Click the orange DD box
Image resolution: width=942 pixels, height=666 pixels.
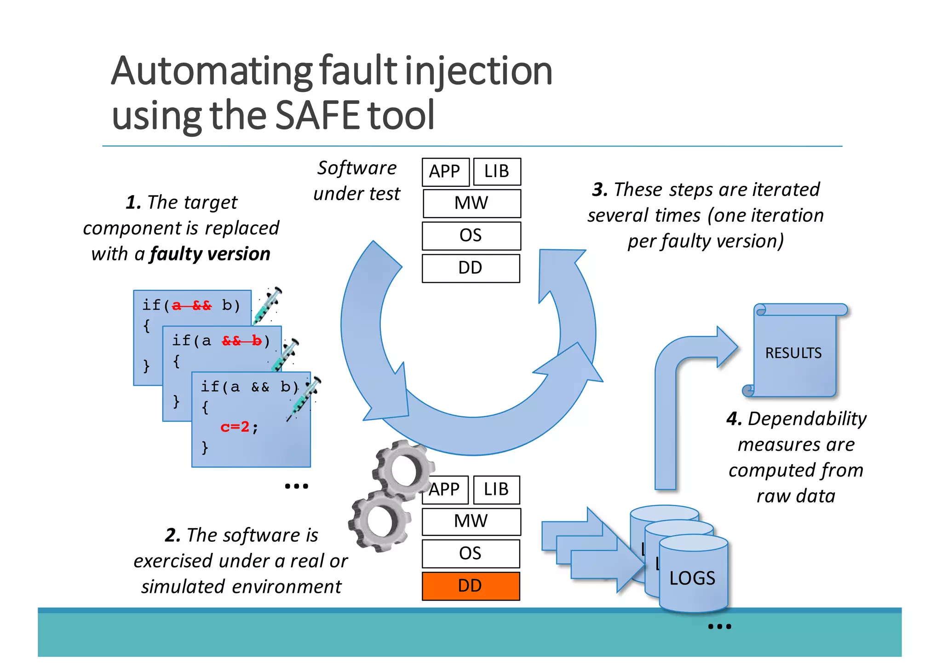pyautogui.click(x=471, y=586)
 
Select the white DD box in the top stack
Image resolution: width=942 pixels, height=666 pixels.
pyautogui.click(x=471, y=268)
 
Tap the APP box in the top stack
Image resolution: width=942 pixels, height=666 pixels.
pyautogui.click(x=445, y=172)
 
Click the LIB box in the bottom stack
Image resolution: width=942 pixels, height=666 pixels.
pyautogui.click(x=496, y=489)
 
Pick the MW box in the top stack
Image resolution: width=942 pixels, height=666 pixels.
pyautogui.click(x=471, y=203)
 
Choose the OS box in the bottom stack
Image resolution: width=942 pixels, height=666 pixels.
pyautogui.click(x=471, y=553)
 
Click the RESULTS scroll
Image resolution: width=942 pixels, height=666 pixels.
pyautogui.click(x=793, y=353)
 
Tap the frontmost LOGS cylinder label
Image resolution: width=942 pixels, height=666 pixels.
pyautogui.click(x=692, y=578)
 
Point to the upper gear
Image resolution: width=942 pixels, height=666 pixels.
pyautogui.click(x=404, y=470)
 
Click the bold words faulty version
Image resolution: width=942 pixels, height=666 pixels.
pyautogui.click(x=210, y=254)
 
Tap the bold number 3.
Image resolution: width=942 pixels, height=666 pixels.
pyautogui.click(x=599, y=189)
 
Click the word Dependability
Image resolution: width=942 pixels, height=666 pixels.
pyautogui.click(x=807, y=419)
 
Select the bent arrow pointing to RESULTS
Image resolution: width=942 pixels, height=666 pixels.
pyautogui.click(x=681, y=391)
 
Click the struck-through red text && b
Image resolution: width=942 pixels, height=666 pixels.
pyautogui.click(x=241, y=341)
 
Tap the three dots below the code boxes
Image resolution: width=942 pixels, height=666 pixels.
pyautogui.click(x=296, y=486)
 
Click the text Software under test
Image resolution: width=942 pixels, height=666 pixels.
pyautogui.click(x=357, y=181)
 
